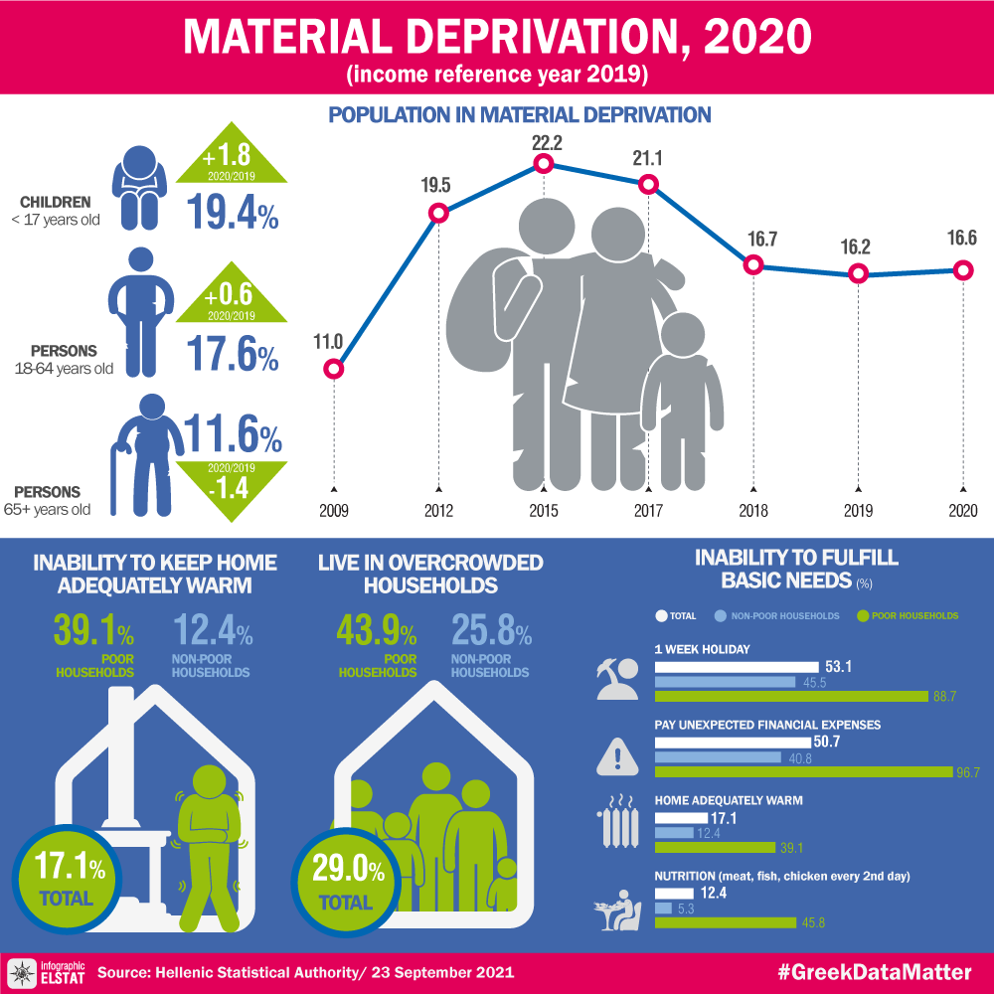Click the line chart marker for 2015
point(544,164)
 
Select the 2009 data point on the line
point(334,370)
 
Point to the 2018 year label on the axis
point(753,511)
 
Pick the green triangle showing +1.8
point(232,157)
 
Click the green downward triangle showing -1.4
point(232,486)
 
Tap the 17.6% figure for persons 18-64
point(233,356)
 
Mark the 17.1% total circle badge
point(68,881)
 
